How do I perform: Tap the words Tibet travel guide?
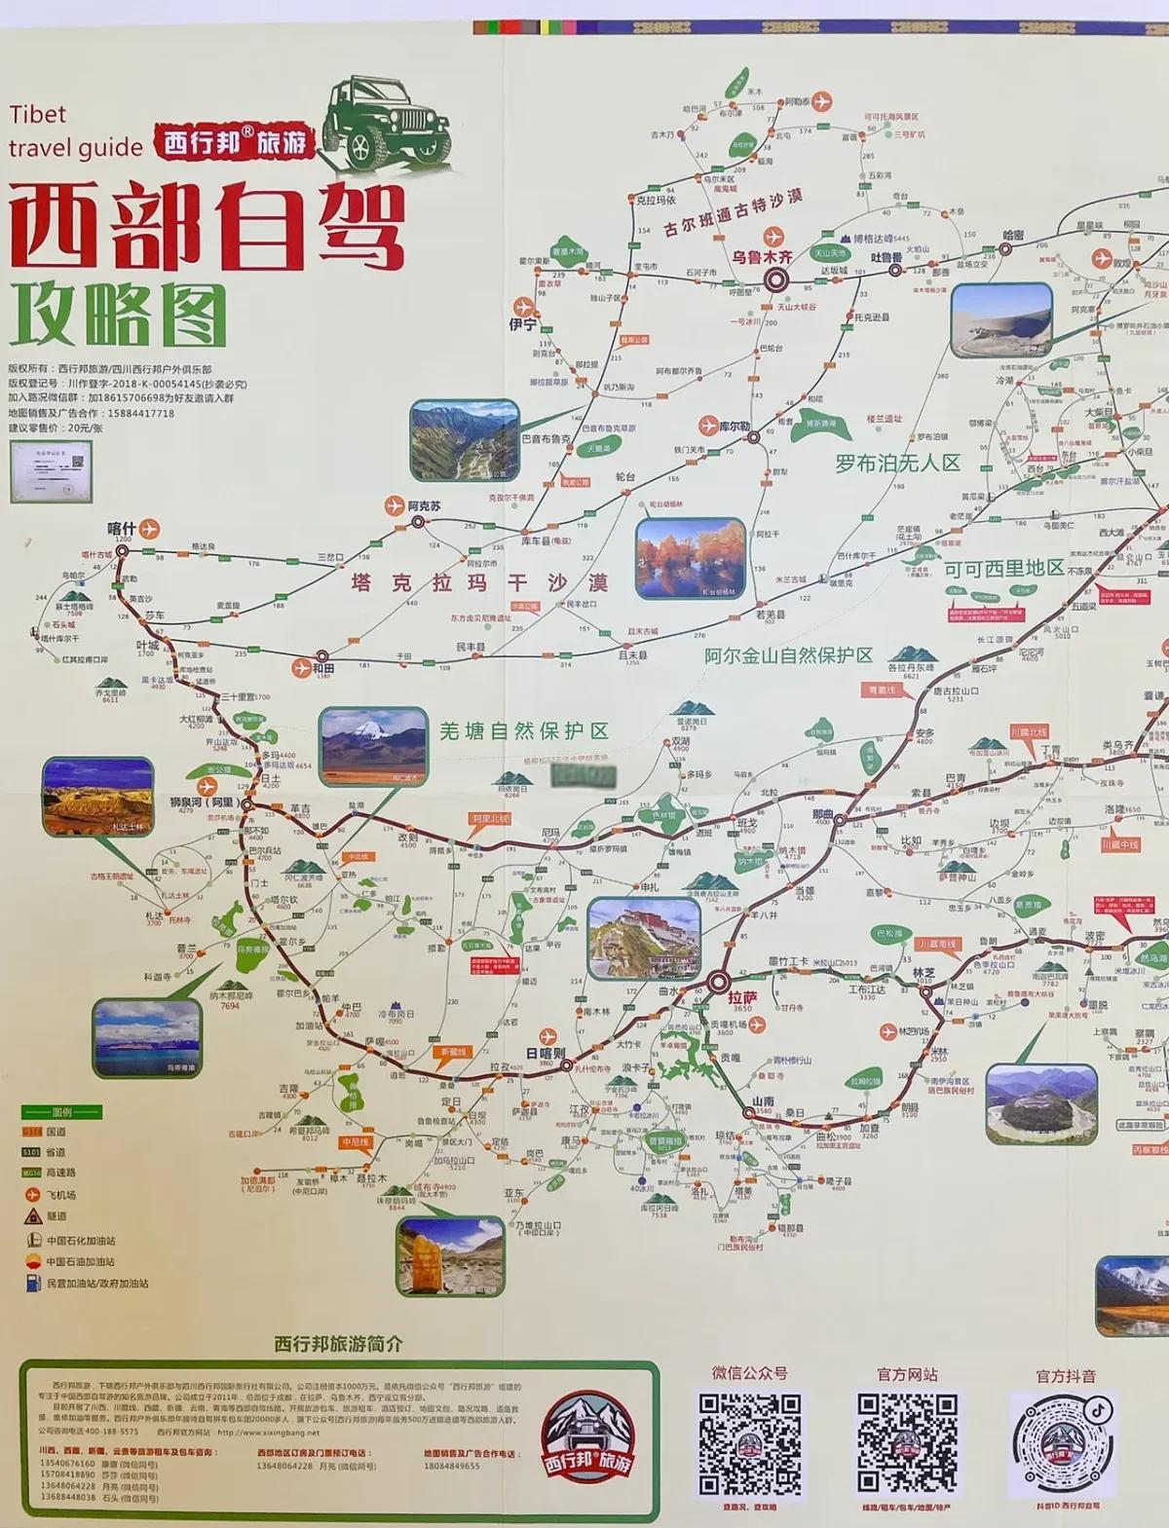click(74, 130)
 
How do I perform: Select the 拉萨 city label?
click(741, 997)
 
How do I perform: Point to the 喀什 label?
click(122, 529)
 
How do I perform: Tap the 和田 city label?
click(323, 669)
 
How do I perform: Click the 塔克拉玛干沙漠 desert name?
click(479, 583)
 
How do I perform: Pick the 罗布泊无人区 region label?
click(897, 463)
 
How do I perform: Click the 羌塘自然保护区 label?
click(523, 730)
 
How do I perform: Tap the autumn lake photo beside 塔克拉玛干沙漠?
click(690, 558)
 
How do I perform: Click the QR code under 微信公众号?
click(749, 1444)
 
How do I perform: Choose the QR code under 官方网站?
click(907, 1444)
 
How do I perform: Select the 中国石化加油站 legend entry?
click(81, 1241)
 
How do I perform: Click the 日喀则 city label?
click(545, 1053)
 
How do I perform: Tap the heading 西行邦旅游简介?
click(338, 1344)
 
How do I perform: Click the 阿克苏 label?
click(424, 506)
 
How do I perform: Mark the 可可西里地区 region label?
click(1003, 568)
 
